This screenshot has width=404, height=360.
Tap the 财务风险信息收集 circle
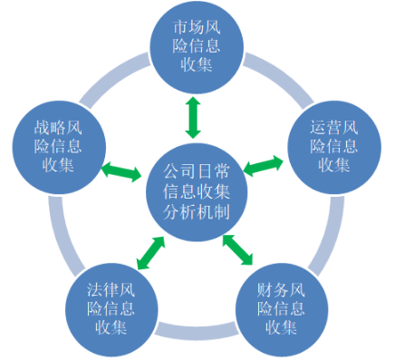283,308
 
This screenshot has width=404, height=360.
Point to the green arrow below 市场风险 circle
193,115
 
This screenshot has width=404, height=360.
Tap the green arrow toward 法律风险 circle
150,252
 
